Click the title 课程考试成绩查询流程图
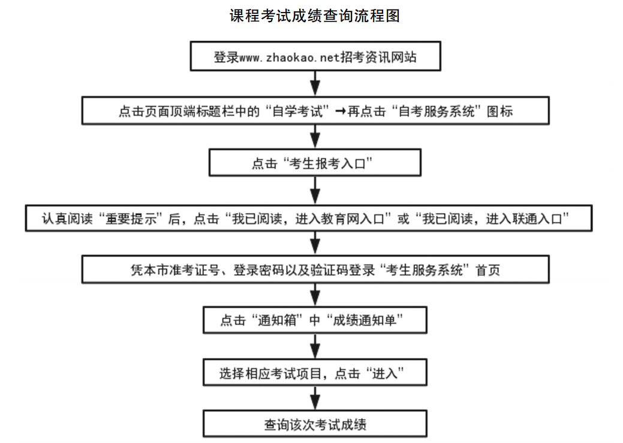(314, 16)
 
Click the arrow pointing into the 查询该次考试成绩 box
(315, 399)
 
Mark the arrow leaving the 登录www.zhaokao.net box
(315, 84)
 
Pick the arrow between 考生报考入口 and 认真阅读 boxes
(315, 191)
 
